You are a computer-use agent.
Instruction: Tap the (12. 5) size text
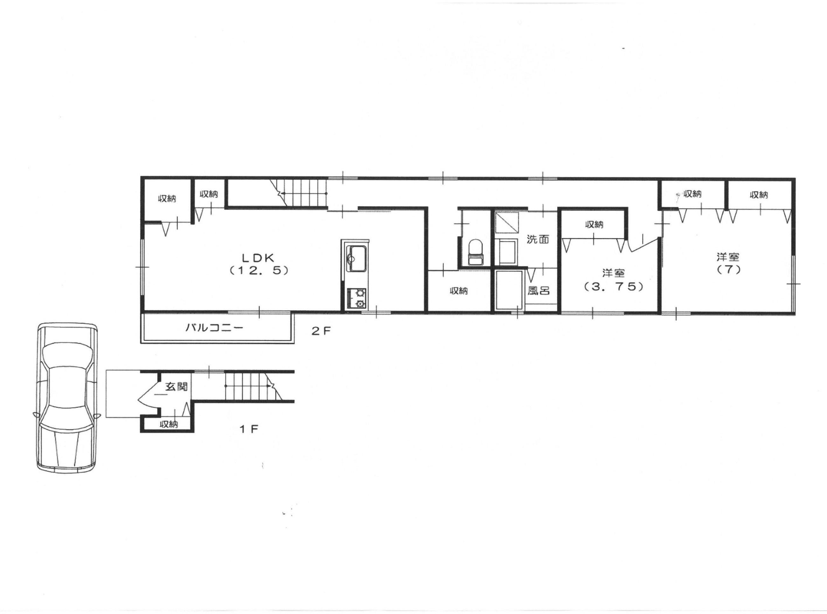click(x=259, y=271)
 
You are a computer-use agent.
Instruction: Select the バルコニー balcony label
click(x=214, y=328)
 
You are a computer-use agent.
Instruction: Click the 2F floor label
click(x=321, y=331)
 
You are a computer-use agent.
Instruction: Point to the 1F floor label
click(x=248, y=429)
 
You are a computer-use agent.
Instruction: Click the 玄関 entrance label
click(x=176, y=387)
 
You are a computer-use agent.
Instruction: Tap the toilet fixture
click(x=475, y=253)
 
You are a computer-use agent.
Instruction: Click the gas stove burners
click(x=356, y=299)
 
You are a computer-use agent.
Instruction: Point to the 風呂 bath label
click(x=538, y=290)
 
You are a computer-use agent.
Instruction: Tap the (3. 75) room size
click(x=613, y=287)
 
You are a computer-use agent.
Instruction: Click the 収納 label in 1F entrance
click(x=169, y=424)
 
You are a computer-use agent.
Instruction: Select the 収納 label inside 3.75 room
click(x=594, y=225)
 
